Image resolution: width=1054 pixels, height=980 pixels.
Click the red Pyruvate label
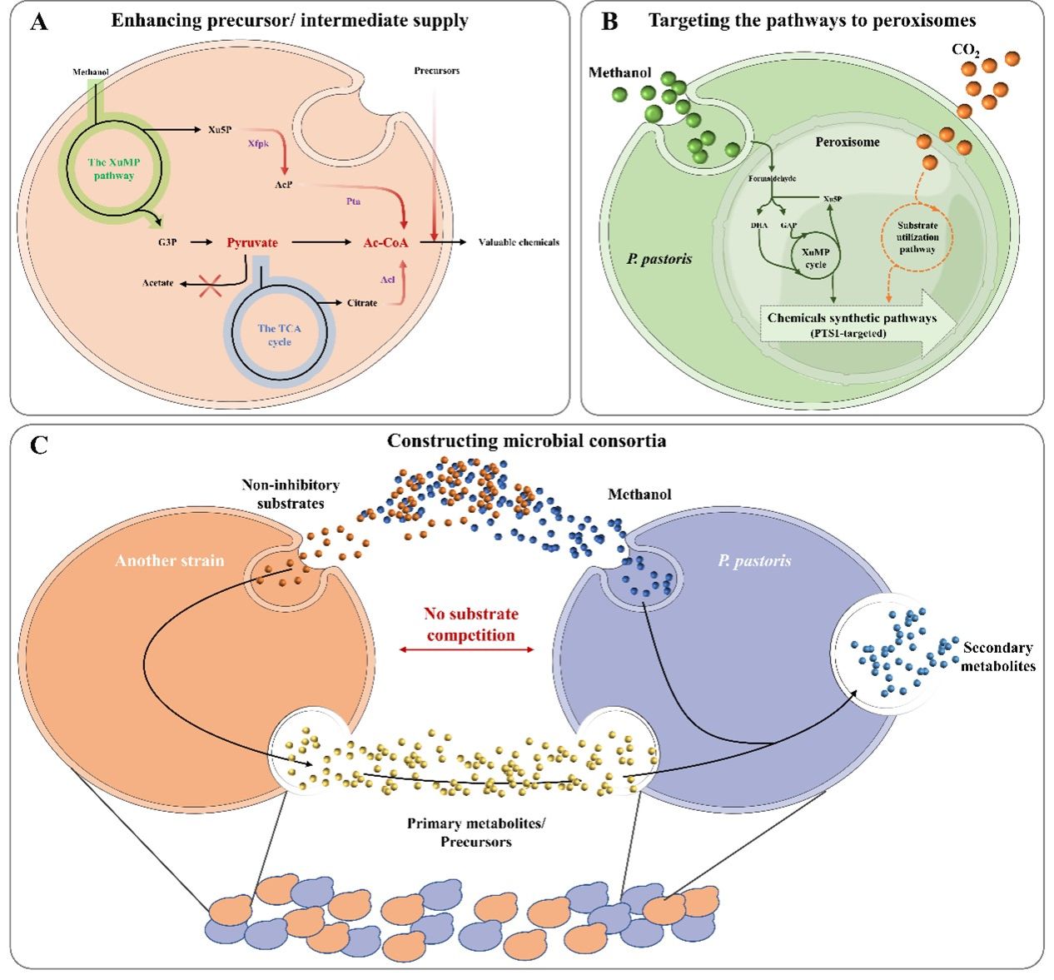coord(252,242)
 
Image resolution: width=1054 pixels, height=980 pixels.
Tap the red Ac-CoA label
coord(385,242)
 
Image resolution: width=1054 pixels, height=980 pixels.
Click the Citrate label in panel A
coord(362,303)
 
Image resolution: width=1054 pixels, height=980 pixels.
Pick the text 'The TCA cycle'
coord(280,335)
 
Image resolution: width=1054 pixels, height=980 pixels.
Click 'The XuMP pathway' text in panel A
coord(111,169)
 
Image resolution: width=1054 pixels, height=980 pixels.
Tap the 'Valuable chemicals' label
coord(519,242)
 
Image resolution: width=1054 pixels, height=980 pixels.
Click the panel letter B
coord(609,21)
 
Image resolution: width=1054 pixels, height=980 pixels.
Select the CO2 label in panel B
coord(966,50)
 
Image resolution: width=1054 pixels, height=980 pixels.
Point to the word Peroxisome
coord(848,142)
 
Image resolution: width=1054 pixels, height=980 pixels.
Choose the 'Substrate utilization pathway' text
coord(917,237)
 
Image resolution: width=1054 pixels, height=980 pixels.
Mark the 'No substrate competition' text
coord(470,624)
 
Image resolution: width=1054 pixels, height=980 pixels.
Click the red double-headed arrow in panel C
coord(467,649)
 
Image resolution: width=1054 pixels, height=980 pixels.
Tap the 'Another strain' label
coord(170,560)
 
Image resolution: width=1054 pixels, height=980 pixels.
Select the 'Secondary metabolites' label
coord(998,656)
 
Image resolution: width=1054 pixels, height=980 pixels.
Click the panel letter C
coord(38,445)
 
